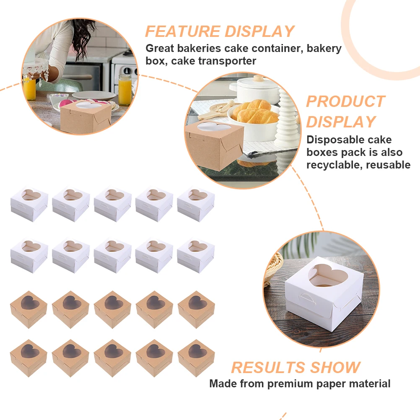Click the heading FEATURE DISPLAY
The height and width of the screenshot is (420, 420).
click(220, 31)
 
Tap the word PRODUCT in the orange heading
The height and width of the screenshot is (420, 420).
click(345, 101)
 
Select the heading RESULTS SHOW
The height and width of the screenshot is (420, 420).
click(296, 367)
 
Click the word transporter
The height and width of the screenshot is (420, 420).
click(213, 61)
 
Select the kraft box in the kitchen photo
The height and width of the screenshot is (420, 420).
click(86, 117)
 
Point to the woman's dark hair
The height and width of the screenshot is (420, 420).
click(80, 40)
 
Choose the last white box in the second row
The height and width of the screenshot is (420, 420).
click(196, 255)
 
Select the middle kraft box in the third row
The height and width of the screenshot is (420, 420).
click(112, 309)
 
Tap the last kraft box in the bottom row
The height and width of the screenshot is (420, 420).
click(196, 358)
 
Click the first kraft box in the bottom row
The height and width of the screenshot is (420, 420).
click(29, 358)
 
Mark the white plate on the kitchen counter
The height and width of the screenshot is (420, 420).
click(94, 95)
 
